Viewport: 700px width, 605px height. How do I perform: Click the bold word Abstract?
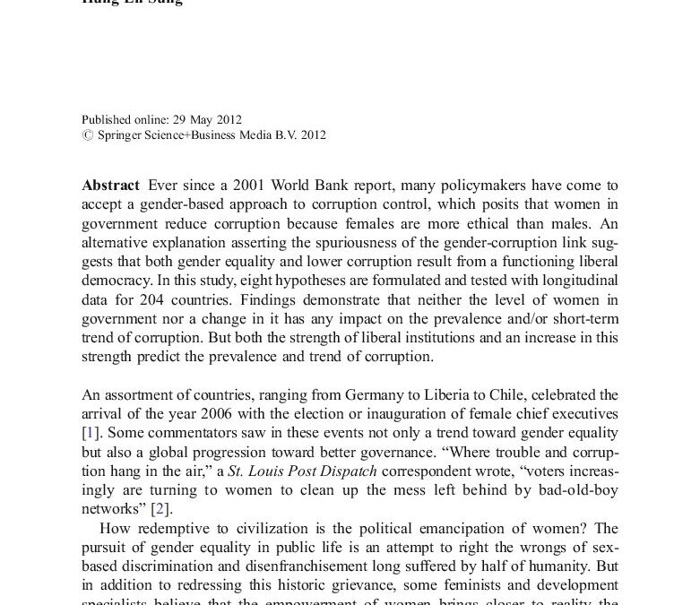point(110,186)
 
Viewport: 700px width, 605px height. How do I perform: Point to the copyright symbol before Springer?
point(86,135)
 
